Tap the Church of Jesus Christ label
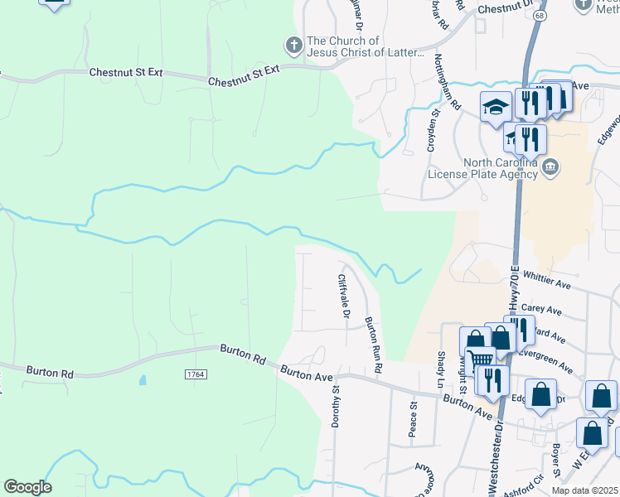[x=355, y=47]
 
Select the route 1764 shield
[x=195, y=375]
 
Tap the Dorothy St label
[x=337, y=406]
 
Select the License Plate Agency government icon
[x=550, y=169]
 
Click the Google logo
[x=27, y=487]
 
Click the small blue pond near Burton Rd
[x=143, y=382]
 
